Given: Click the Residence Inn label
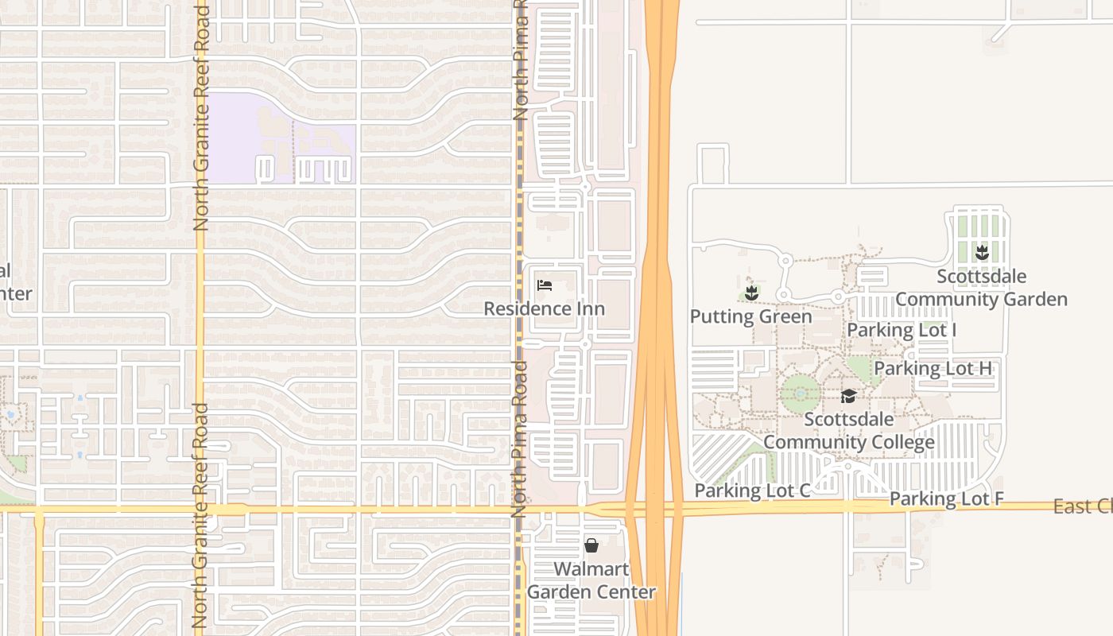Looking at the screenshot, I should pyautogui.click(x=545, y=308).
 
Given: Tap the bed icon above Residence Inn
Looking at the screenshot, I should pyautogui.click(x=545, y=285).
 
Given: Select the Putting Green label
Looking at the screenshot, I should pyautogui.click(x=750, y=316).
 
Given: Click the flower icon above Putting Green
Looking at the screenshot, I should pyautogui.click(x=751, y=293).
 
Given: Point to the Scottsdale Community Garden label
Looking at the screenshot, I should pyautogui.click(x=981, y=288).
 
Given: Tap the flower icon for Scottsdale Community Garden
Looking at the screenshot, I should pyautogui.click(x=982, y=253).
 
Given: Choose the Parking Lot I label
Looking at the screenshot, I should pyautogui.click(x=902, y=330).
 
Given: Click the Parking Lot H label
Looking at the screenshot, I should pyautogui.click(x=933, y=369).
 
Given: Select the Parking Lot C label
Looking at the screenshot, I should pyautogui.click(x=752, y=491).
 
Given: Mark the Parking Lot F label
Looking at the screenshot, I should pyautogui.click(x=946, y=499).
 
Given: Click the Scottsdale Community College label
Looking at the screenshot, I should pyautogui.click(x=849, y=431).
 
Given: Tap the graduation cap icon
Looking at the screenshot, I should pyautogui.click(x=849, y=396).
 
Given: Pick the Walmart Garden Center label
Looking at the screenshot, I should pyautogui.click(x=591, y=580).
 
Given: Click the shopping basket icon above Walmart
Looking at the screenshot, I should pyautogui.click(x=591, y=545).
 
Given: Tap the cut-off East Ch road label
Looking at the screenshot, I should pyautogui.click(x=1082, y=506).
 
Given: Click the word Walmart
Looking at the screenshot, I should pyautogui.click(x=591, y=569).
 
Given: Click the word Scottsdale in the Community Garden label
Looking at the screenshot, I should pyautogui.click(x=981, y=277).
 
